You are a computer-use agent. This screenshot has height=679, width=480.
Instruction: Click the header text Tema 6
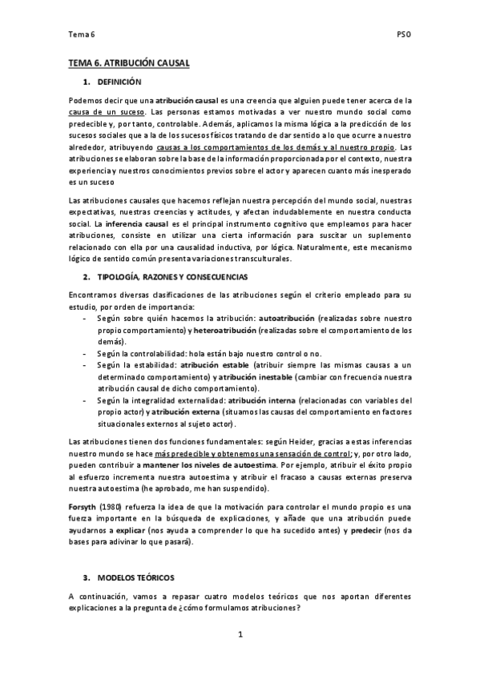(81, 35)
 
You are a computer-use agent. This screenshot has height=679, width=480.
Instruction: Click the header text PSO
(404, 35)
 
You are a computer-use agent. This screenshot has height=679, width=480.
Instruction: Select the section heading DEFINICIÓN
(119, 82)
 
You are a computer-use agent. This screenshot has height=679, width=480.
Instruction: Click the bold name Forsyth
(84, 509)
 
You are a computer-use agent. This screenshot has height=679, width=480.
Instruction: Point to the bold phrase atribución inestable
(256, 376)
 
